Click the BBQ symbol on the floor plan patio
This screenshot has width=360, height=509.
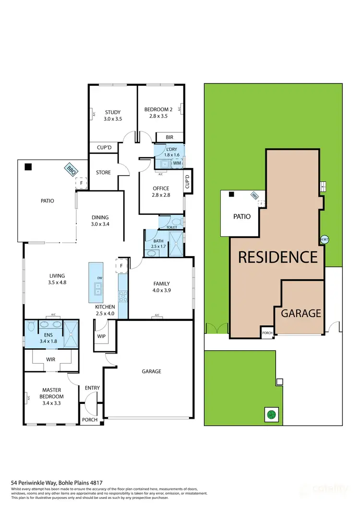click(72, 169)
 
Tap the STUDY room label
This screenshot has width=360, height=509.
click(113, 112)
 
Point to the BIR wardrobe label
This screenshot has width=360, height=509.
click(169, 137)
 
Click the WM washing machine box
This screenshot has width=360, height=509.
click(176, 163)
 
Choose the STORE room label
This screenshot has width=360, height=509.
click(103, 173)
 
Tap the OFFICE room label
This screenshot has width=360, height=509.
click(161, 189)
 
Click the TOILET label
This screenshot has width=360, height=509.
click(171, 227)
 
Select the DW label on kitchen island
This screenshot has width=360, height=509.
click(99, 278)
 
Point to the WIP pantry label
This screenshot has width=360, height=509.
click(101, 336)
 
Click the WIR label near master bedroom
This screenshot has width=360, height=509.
click(51, 359)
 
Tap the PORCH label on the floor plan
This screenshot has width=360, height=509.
click(90, 420)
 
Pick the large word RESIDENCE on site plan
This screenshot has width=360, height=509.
click(278, 257)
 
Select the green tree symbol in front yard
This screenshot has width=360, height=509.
click(271, 414)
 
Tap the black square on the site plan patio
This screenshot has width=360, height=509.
click(231, 195)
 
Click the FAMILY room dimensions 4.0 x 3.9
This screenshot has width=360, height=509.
click(162, 290)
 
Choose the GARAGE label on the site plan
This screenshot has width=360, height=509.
click(301, 313)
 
